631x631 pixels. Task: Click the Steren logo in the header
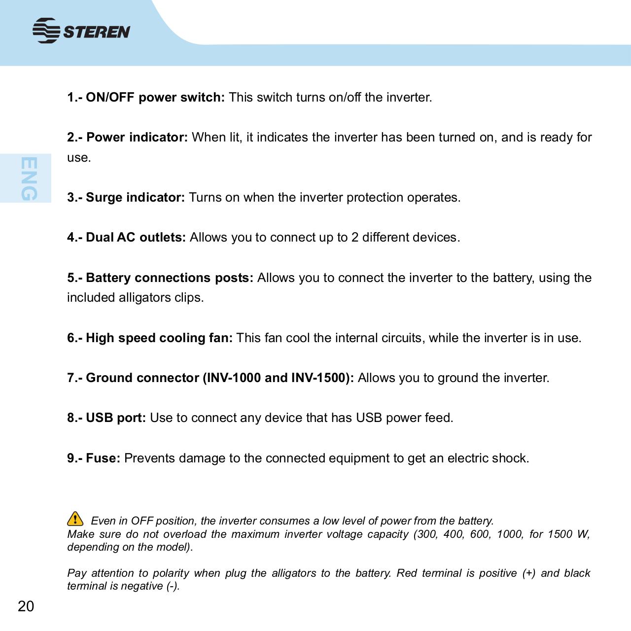tap(81, 31)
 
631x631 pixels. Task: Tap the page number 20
tap(26, 606)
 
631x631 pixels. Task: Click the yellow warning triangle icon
tap(74, 519)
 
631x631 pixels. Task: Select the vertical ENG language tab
tap(29, 178)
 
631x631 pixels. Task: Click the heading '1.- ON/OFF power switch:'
tap(146, 97)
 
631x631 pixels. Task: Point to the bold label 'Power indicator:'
tap(137, 137)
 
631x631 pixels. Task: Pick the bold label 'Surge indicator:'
tap(135, 198)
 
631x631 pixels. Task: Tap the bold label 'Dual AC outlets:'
tap(136, 238)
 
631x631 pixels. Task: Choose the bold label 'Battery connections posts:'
tap(170, 278)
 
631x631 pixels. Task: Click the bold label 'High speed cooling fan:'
tap(159, 338)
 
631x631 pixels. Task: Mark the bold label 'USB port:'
tap(116, 418)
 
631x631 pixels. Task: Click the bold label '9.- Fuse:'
tap(94, 458)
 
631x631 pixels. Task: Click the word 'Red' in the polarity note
tap(406, 573)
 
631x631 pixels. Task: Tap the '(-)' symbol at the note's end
tap(173, 586)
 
